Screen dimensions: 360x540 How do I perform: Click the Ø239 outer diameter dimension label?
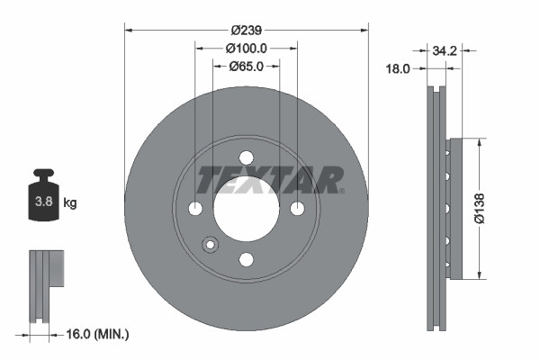246,31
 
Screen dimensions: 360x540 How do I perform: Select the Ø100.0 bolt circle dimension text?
246,48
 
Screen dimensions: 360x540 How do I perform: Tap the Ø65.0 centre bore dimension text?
246,66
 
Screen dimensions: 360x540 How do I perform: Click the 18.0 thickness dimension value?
399,68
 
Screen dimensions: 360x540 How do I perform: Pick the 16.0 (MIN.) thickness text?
98,335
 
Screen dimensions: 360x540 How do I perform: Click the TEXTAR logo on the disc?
270,179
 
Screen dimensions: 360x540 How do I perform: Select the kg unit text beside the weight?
70,203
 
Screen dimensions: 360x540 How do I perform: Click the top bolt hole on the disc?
247,157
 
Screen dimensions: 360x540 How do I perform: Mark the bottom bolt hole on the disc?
247,260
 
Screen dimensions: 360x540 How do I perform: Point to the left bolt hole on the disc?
195,209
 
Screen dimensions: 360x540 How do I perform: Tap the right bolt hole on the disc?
298,209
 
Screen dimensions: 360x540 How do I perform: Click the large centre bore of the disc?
247,211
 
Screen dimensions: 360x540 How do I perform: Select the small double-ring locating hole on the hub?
211,245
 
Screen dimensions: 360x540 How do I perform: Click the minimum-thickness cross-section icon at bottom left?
44,279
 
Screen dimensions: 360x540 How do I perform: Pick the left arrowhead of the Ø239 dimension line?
128,31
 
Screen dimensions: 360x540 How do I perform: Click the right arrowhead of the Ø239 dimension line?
364,31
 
